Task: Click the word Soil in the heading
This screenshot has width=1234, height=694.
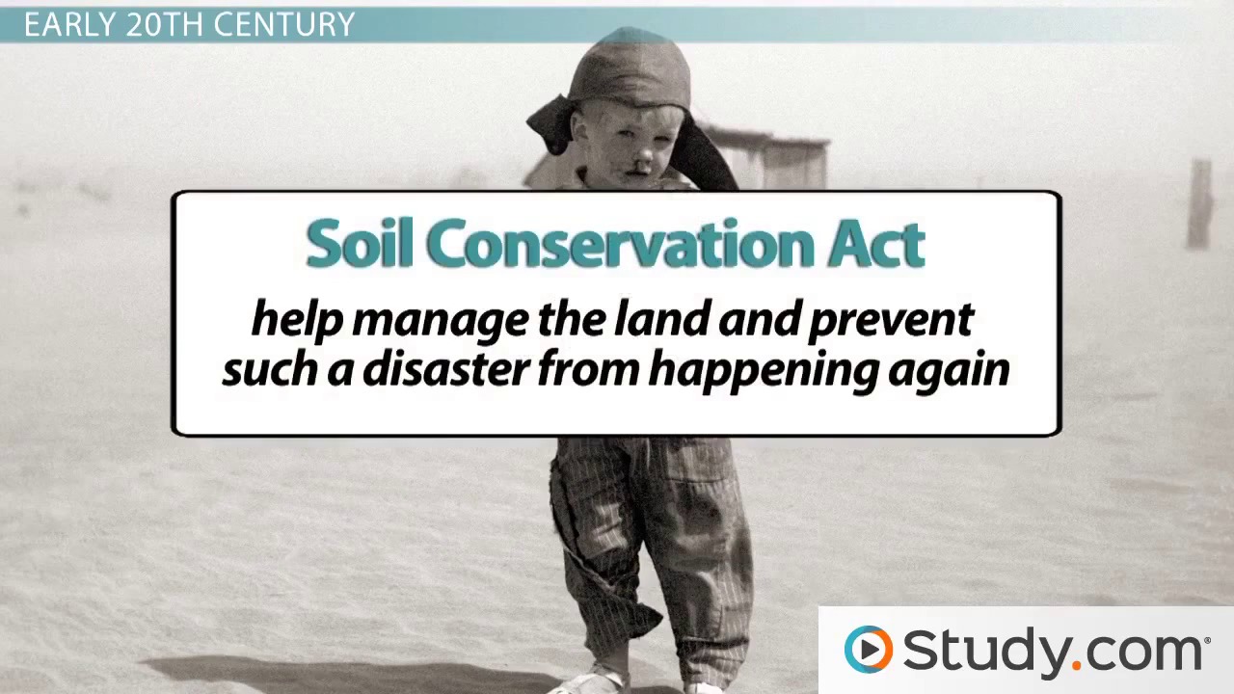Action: pos(360,243)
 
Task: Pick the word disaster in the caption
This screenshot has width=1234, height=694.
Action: pos(445,370)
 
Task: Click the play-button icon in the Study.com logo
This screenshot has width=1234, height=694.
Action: pos(869,650)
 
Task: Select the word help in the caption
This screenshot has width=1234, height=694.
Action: pos(297,319)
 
